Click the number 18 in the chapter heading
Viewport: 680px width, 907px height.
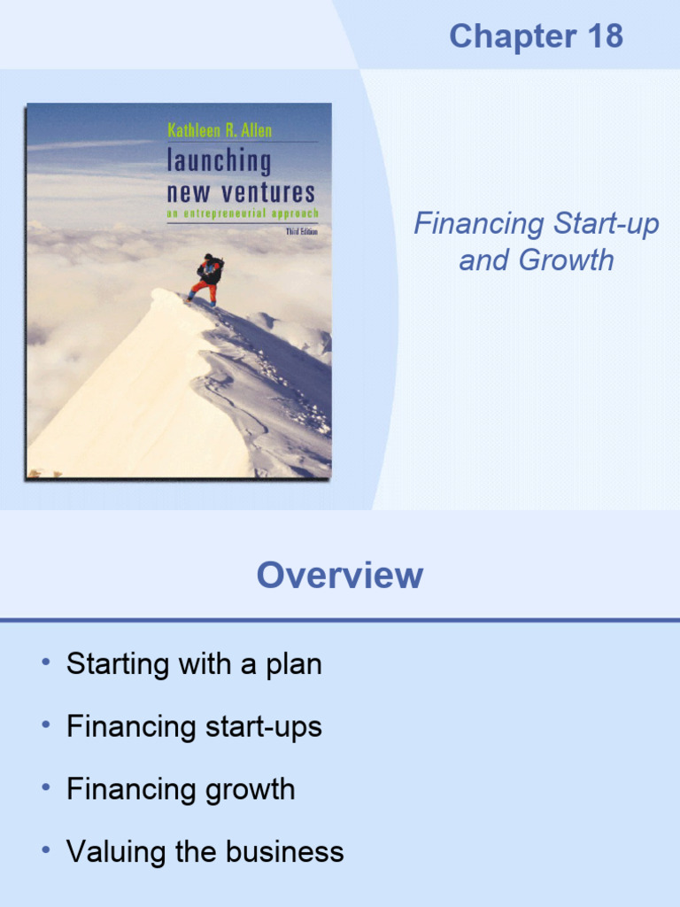(602, 36)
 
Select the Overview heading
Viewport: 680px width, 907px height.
(340, 576)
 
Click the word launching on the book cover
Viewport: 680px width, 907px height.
(219, 161)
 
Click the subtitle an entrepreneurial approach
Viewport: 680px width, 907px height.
(242, 213)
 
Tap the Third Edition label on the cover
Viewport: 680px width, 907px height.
(301, 230)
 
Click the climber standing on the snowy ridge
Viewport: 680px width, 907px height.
(207, 278)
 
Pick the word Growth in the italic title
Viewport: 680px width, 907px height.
(567, 260)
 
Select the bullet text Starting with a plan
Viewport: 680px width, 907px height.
(194, 663)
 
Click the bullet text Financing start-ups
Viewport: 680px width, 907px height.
(194, 726)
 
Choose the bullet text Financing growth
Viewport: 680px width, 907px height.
(181, 789)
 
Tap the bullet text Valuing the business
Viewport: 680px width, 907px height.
(205, 852)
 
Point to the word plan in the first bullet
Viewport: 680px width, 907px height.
(294, 664)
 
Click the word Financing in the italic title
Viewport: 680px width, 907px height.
(479, 224)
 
